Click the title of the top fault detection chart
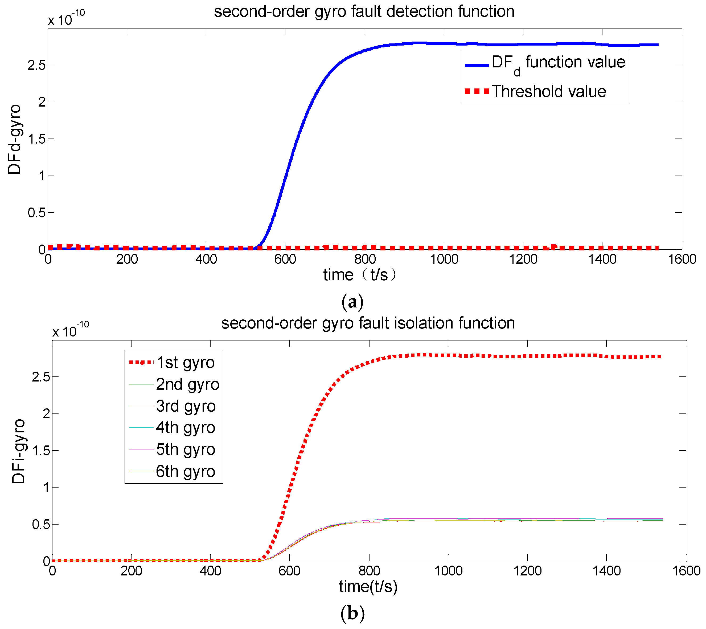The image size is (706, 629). click(x=364, y=11)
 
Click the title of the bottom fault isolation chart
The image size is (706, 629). click(x=368, y=323)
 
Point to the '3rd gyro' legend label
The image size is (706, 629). click(x=186, y=406)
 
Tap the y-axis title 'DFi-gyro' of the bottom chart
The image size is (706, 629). click(x=19, y=451)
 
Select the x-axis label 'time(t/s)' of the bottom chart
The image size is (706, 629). click(x=368, y=586)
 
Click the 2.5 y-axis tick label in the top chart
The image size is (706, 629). click(x=37, y=65)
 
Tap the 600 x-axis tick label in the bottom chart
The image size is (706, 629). click(x=289, y=571)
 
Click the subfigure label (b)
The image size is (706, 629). click(x=352, y=614)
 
